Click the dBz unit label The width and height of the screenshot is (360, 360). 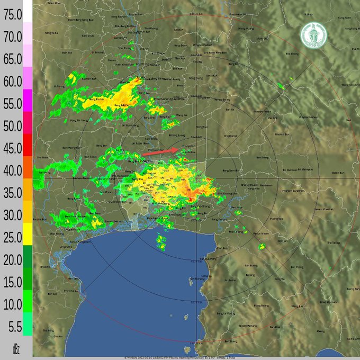point(15,348)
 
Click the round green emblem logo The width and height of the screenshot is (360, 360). point(313,35)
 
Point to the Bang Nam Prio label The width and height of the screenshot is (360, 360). point(231,170)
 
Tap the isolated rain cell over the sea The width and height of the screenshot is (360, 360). point(161,242)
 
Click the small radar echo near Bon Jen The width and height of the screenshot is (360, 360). point(262,246)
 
